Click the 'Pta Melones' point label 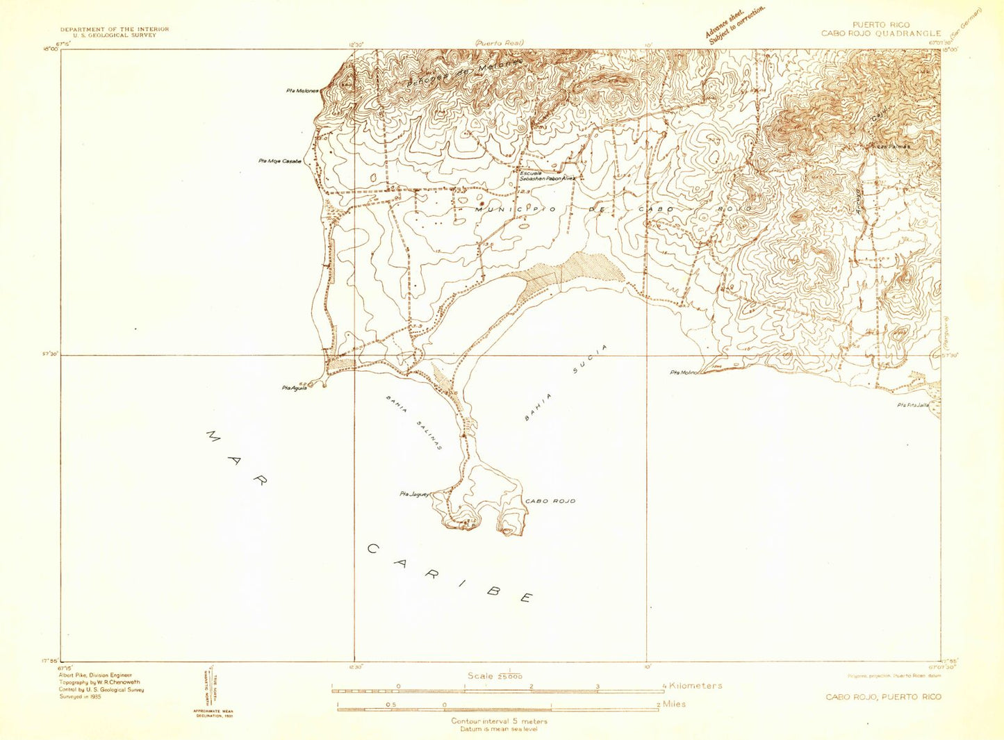click(x=302, y=91)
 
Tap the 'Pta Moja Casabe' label click(x=279, y=161)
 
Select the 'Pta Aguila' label click(x=294, y=388)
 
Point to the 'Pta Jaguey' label click(x=415, y=494)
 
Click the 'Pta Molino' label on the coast click(x=684, y=372)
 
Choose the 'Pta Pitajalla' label click(x=912, y=405)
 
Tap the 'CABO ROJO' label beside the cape click(x=550, y=501)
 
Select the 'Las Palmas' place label click(x=894, y=147)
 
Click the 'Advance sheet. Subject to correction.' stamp click(x=735, y=26)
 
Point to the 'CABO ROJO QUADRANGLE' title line click(x=880, y=33)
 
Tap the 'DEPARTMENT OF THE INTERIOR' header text click(x=114, y=29)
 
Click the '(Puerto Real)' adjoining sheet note click(x=499, y=43)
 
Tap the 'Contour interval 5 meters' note click(x=499, y=721)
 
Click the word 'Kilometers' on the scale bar click(x=695, y=686)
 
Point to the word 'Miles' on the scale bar click(x=674, y=704)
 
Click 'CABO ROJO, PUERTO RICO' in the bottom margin click(x=883, y=697)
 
